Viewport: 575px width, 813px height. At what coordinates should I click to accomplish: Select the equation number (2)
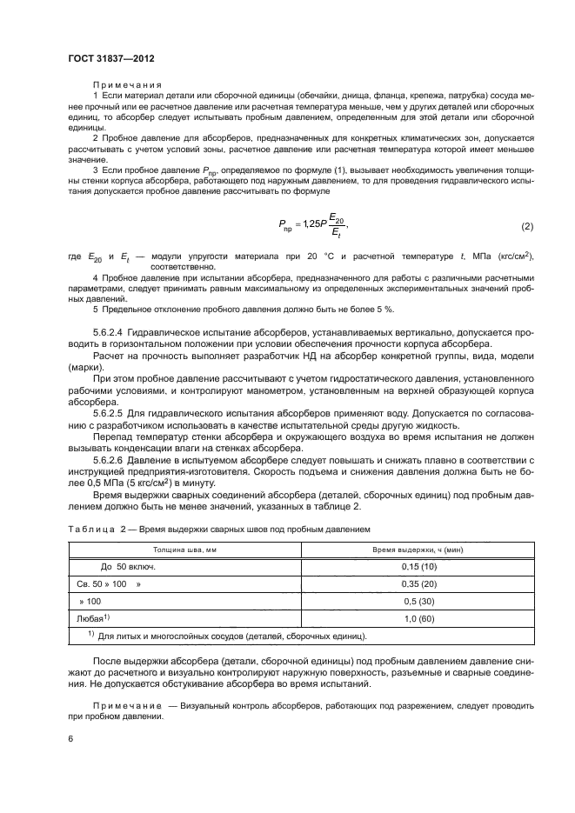[x=526, y=227]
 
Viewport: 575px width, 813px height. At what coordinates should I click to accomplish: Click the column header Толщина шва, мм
[x=184, y=550]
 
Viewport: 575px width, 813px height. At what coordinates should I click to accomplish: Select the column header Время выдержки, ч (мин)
[x=418, y=550]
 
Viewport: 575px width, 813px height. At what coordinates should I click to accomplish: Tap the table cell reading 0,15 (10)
[x=418, y=567]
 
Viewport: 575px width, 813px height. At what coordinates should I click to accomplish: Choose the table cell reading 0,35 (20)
[x=418, y=584]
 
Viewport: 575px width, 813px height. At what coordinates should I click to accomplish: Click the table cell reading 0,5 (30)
[x=418, y=601]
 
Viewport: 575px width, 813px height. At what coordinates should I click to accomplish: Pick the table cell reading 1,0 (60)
[x=418, y=618]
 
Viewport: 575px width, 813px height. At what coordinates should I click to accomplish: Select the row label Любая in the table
[x=92, y=618]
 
